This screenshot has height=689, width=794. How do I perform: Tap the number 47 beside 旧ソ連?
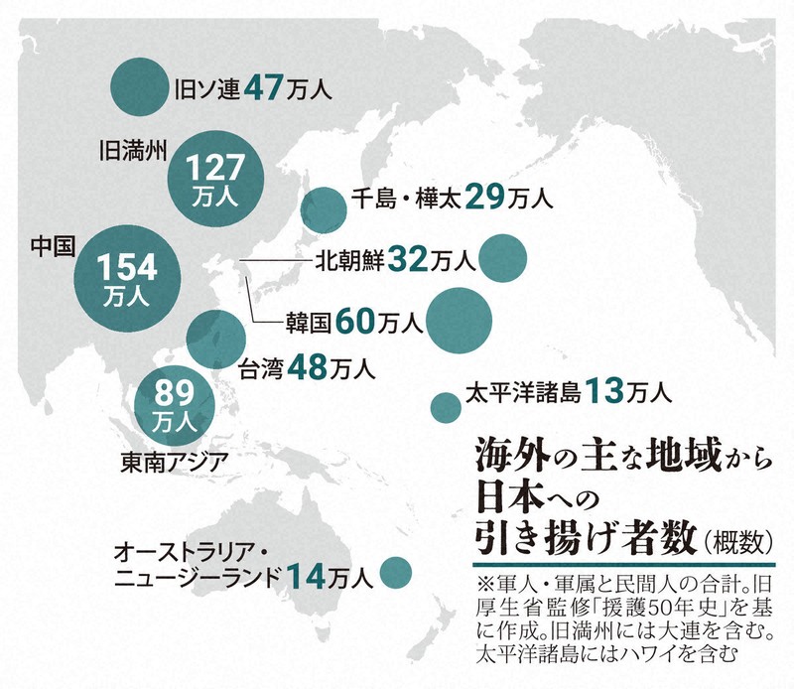[x=265, y=88]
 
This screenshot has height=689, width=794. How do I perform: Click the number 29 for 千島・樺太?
[x=484, y=197]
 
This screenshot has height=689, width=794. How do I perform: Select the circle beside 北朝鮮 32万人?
[x=502, y=259]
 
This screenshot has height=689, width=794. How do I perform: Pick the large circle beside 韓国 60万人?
[x=459, y=319]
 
